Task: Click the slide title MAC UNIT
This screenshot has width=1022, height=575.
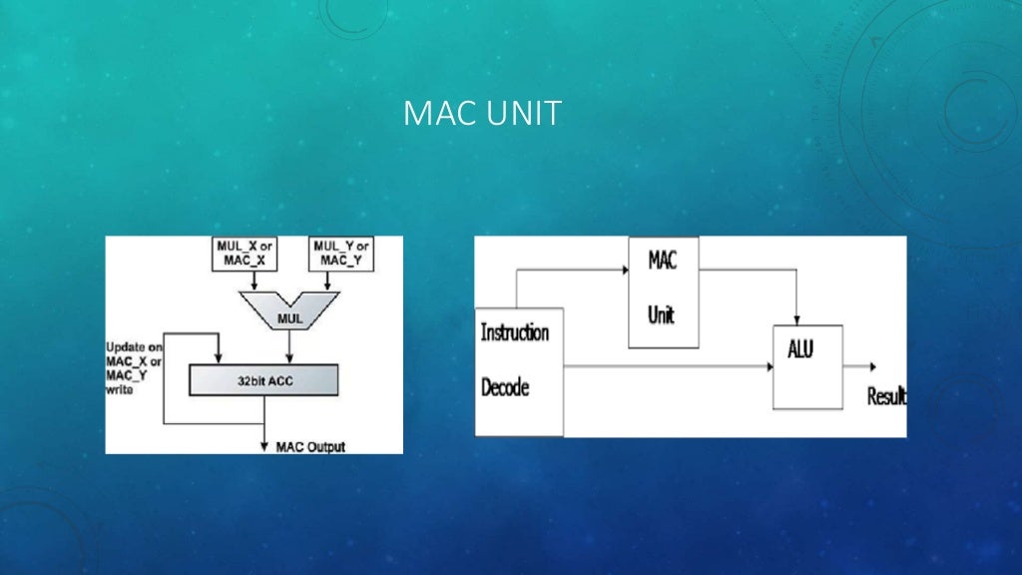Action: click(482, 114)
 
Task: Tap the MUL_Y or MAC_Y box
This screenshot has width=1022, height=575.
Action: click(341, 254)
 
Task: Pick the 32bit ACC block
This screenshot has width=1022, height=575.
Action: click(263, 379)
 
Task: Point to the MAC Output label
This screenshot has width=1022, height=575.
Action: click(309, 446)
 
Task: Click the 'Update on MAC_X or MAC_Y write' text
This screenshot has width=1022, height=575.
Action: click(134, 368)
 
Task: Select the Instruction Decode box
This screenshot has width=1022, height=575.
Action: click(519, 371)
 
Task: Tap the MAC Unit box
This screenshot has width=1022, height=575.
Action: click(663, 291)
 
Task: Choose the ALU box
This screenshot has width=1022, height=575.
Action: click(807, 366)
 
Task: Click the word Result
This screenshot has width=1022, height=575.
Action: click(886, 396)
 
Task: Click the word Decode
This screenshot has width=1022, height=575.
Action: click(506, 387)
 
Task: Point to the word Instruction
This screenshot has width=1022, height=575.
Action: click(515, 332)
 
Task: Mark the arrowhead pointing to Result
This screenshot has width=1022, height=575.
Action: click(872, 366)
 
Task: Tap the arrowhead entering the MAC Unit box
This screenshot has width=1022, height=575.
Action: click(623, 270)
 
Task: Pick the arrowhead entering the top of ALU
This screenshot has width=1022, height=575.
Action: click(795, 319)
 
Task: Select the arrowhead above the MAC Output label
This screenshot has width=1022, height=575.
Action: click(264, 439)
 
